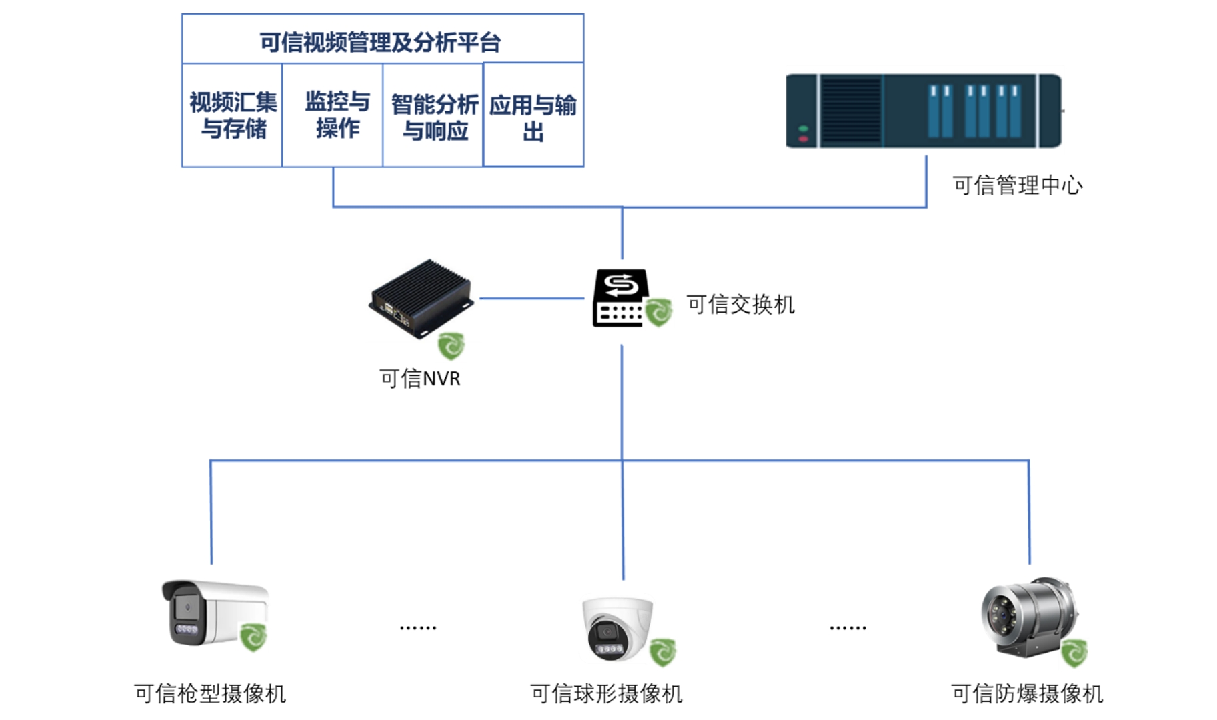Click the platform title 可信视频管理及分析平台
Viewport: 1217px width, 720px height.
380,42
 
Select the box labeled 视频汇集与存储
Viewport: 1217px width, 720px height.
233,115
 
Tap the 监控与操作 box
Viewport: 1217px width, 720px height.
337,115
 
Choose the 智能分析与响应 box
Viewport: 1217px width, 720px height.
434,117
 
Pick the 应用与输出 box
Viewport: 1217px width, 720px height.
533,117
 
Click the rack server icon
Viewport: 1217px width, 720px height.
924,111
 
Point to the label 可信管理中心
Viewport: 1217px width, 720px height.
1017,185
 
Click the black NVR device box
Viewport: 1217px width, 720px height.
421,298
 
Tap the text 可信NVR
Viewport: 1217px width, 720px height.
420,379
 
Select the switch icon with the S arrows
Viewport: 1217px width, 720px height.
620,297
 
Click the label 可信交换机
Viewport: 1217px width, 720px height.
740,305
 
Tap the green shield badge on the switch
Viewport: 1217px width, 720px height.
659,311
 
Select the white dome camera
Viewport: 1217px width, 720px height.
617,627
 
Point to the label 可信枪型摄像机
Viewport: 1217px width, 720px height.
210,694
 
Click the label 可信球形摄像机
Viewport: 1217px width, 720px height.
606,694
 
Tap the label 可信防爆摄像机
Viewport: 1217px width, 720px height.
1027,694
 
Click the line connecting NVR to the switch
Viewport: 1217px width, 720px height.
531,299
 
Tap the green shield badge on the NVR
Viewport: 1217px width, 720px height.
451,346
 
